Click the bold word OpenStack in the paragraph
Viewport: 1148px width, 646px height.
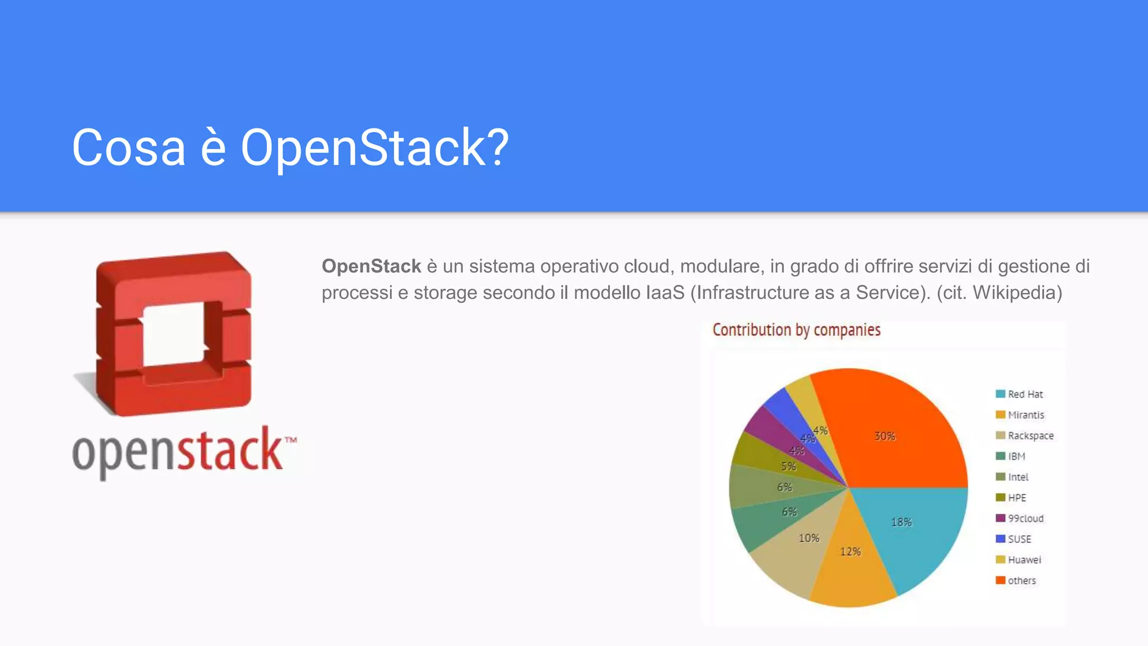pos(371,266)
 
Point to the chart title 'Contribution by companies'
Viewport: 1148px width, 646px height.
pos(796,330)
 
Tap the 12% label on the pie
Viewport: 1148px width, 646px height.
pos(850,552)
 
